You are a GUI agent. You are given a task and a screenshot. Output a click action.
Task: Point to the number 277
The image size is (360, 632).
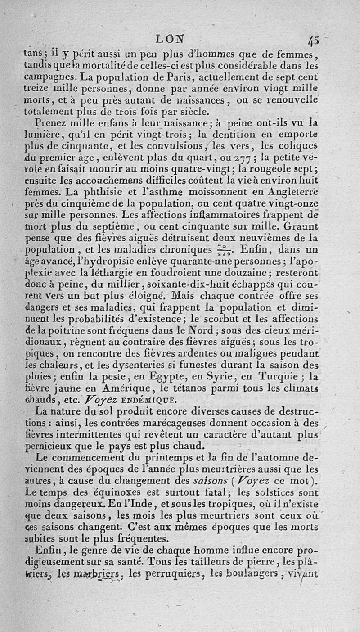click(x=246, y=158)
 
